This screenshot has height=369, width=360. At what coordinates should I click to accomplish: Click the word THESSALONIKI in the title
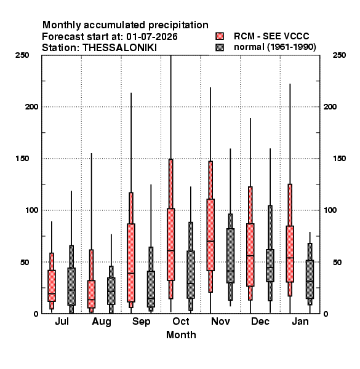[119, 48]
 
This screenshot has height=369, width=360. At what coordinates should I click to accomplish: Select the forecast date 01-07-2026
[152, 37]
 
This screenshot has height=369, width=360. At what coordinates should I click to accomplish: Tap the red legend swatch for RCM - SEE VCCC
[220, 36]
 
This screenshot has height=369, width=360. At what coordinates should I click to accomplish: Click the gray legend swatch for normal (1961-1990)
[220, 47]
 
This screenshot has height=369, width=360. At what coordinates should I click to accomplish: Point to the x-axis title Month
[181, 335]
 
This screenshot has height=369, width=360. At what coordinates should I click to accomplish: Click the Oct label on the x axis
[181, 321]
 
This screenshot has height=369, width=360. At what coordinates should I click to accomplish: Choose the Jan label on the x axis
[300, 321]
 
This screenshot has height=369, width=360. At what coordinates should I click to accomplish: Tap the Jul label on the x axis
[62, 321]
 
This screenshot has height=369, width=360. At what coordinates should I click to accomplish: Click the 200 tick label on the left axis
[31, 106]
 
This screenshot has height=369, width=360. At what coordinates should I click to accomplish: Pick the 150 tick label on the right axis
[339, 159]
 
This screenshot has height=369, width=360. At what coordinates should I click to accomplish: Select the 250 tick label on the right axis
[339, 55]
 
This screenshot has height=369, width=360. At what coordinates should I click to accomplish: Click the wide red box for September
[131, 263]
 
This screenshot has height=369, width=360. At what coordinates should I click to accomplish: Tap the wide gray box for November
[230, 256]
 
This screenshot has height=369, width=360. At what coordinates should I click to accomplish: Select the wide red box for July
[52, 286]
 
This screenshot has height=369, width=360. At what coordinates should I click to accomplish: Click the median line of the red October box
[170, 251]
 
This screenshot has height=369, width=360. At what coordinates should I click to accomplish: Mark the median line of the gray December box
[270, 268]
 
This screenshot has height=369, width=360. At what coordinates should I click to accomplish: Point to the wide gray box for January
[310, 279]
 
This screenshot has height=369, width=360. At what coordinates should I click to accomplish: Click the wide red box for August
[91, 294]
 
